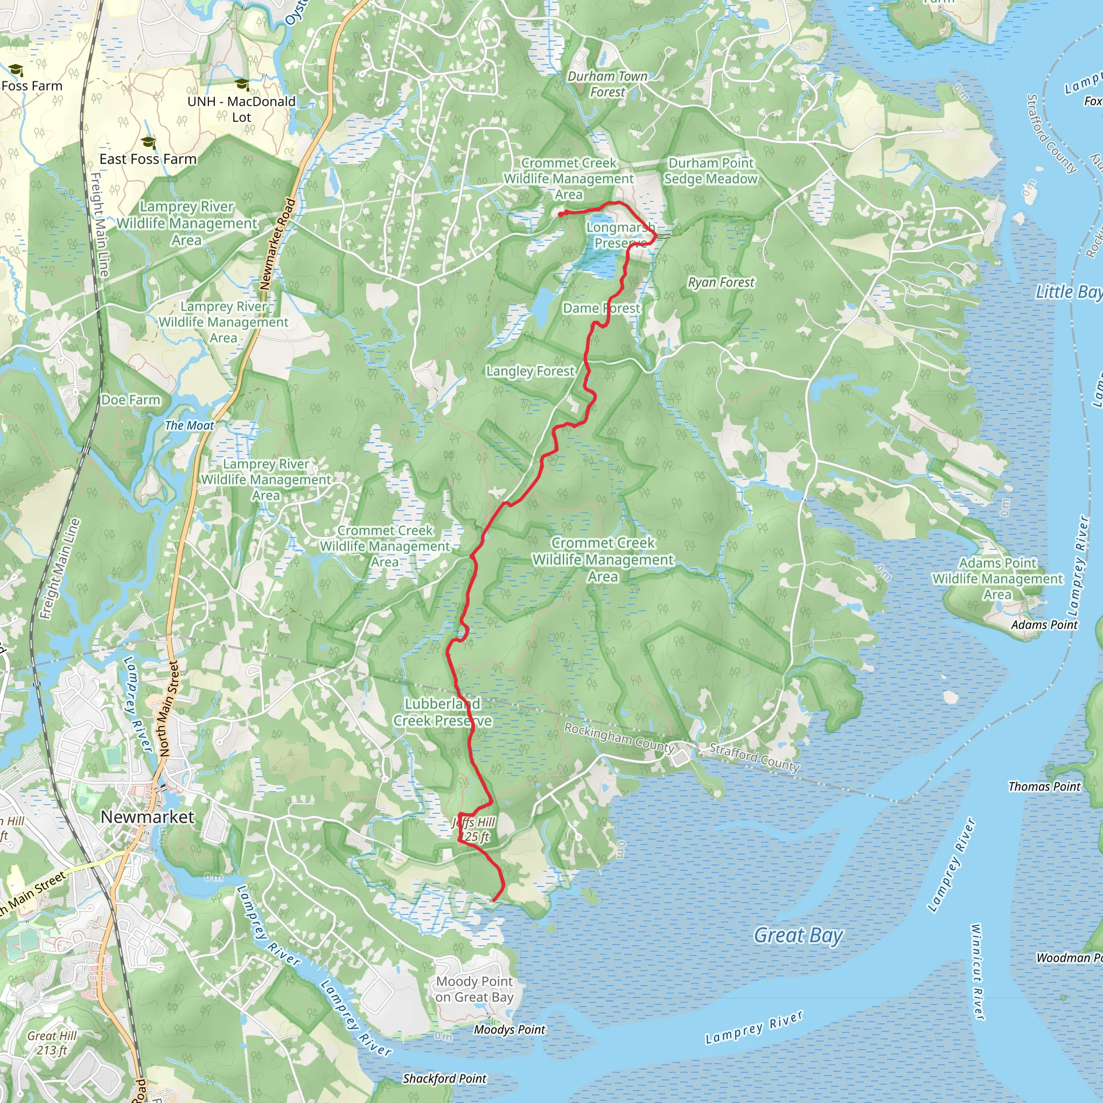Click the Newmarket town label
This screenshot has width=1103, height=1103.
[x=147, y=817]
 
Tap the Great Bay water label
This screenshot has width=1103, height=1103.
[x=798, y=935]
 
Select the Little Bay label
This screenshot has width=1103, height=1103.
[x=1067, y=292]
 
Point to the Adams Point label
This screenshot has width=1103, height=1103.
[x=1044, y=625]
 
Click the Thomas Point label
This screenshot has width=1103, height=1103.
[x=1044, y=786]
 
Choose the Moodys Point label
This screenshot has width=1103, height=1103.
[x=509, y=1029]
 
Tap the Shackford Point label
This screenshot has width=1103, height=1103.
[x=444, y=1078]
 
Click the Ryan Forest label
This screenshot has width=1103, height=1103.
[x=721, y=283]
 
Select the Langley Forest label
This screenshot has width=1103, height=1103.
[x=530, y=371]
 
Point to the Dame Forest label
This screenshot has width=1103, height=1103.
[x=601, y=308]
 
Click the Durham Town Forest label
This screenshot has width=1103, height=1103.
[x=608, y=84]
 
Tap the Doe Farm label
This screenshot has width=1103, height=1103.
[x=131, y=400]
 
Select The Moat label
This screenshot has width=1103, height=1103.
[x=189, y=425]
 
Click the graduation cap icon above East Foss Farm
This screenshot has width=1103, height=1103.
[x=149, y=142]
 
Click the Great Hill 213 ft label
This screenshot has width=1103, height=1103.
[x=52, y=1043]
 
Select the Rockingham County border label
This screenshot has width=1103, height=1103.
[x=619, y=738]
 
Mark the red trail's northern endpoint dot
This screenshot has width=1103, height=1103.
[x=561, y=214]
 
